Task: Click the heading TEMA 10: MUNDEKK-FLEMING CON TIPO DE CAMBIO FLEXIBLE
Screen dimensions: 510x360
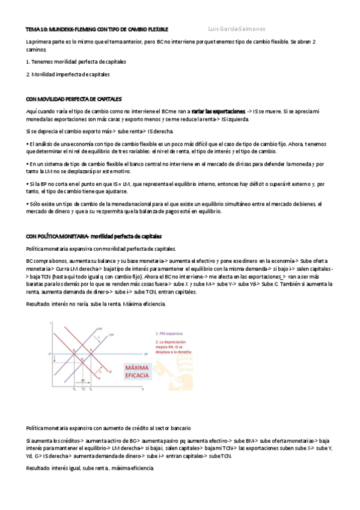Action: [97, 29]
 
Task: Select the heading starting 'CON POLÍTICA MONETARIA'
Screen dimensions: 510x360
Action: [93, 236]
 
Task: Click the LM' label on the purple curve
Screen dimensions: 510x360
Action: [111, 334]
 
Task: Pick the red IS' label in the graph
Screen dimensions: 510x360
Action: [110, 372]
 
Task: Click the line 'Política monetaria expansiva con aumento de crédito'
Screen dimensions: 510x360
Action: [108, 428]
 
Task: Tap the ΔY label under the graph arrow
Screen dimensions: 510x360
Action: [82, 381]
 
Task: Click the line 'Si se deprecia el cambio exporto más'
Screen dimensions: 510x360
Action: [99, 131]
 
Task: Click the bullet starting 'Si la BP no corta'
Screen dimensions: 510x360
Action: [174, 187]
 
